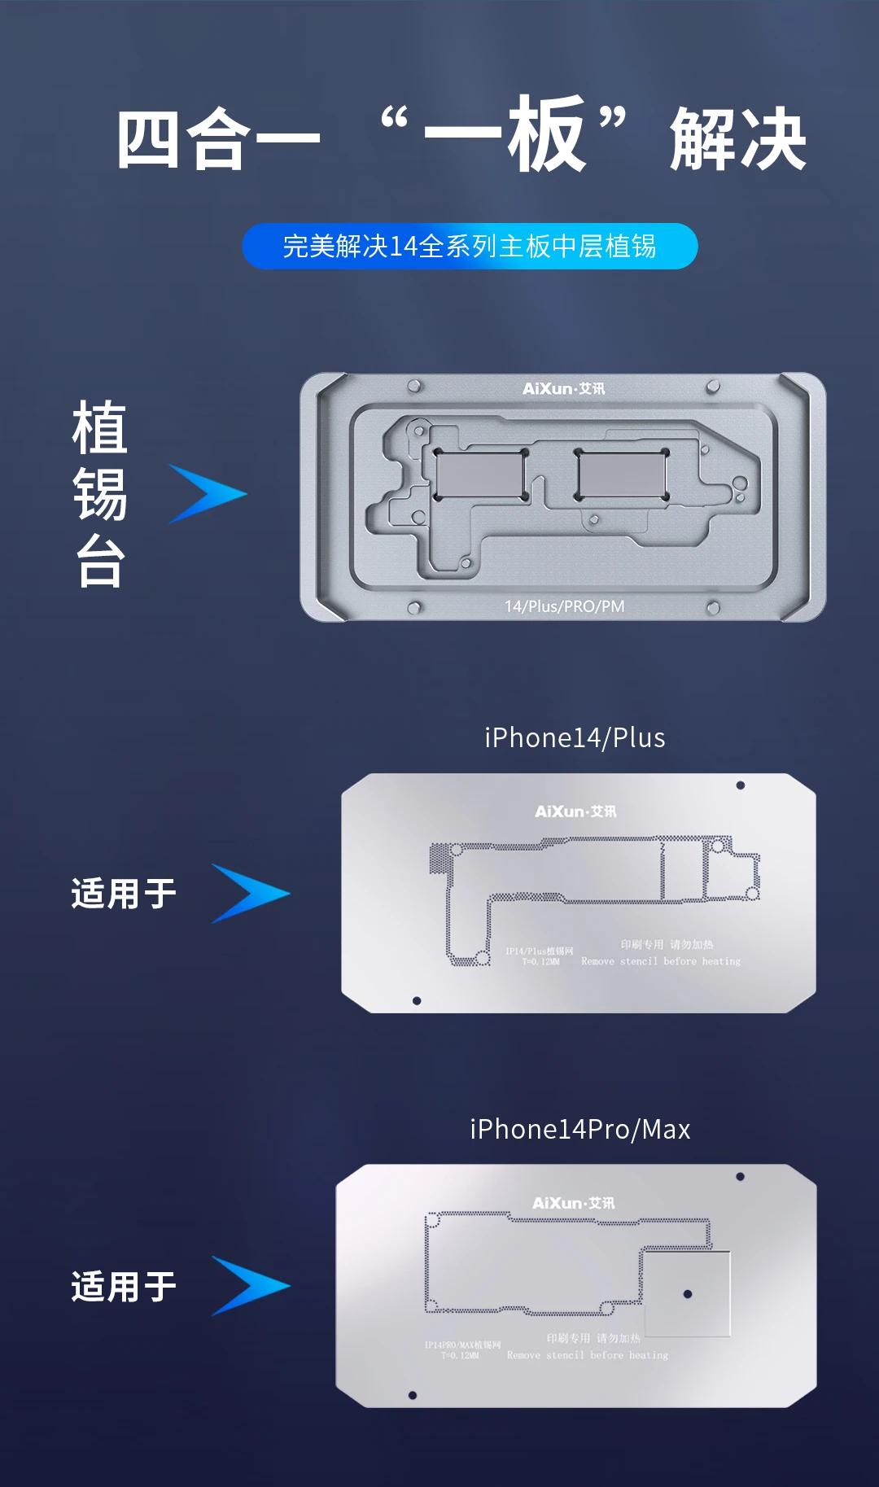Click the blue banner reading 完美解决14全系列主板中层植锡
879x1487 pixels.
[470, 246]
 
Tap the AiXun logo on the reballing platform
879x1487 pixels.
[563, 389]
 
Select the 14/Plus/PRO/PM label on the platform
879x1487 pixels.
[564, 606]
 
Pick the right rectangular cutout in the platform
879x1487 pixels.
[622, 474]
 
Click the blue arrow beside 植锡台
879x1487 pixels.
[208, 494]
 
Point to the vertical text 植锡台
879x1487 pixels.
[100, 493]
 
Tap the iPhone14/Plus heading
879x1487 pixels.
[575, 737]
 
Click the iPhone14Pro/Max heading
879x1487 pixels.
[579, 1129]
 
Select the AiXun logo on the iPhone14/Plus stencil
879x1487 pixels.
[575, 811]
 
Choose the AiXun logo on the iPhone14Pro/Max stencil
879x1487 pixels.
[573, 1203]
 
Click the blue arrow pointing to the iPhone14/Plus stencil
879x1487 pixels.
[250, 894]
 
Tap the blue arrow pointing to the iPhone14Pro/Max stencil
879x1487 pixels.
[250, 1286]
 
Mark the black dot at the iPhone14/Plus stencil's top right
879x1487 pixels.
[740, 785]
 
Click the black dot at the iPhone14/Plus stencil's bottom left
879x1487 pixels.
[417, 1001]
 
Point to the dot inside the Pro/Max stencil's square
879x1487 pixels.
[688, 1294]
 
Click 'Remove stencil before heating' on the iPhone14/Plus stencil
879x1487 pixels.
[661, 961]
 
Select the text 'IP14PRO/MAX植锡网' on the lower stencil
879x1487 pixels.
[462, 1345]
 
